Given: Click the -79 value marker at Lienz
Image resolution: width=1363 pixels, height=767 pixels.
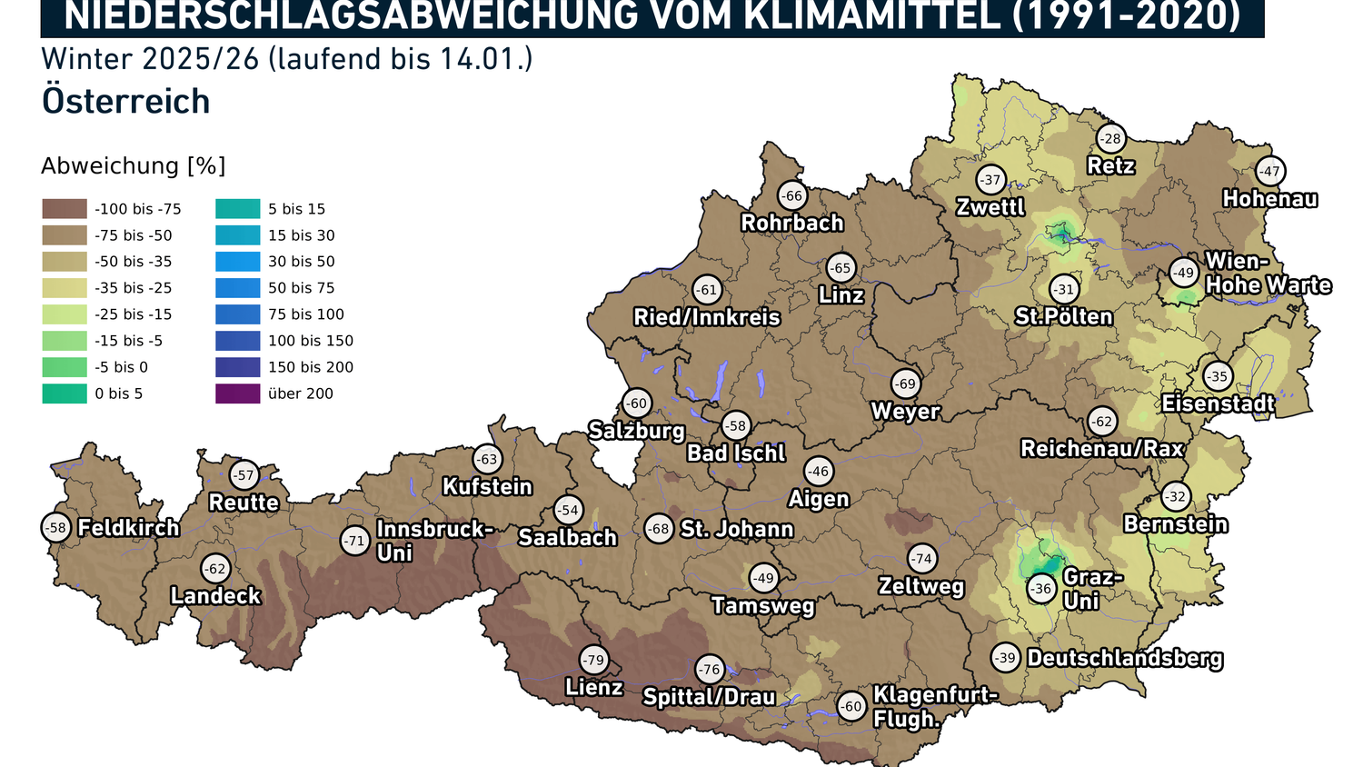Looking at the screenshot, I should click(x=593, y=660).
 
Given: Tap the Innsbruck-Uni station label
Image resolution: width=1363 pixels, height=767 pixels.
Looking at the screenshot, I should click(x=434, y=541).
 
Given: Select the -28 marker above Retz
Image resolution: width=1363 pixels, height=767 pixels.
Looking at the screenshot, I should click(x=1111, y=139).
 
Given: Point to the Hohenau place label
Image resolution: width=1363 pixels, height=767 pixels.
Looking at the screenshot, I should click(x=1269, y=199).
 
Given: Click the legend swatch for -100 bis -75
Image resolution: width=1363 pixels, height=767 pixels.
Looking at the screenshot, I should click(x=65, y=209).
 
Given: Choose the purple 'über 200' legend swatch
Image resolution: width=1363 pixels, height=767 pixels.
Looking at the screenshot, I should click(x=238, y=393).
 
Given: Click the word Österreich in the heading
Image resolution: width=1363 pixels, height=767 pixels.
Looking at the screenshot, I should click(x=125, y=101).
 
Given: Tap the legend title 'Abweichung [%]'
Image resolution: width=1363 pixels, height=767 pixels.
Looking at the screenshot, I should click(x=133, y=165).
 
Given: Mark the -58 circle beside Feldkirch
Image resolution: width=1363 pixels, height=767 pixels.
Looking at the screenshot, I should click(x=56, y=528).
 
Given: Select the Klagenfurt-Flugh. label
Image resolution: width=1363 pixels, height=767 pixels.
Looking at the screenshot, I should click(x=934, y=706).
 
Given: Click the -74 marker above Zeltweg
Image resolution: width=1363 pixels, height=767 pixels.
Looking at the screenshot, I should click(x=921, y=559).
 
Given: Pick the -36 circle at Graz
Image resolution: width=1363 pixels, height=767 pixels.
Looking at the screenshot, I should click(x=1041, y=589).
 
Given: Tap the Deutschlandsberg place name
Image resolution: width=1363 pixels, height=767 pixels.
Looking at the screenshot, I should click(x=1124, y=658).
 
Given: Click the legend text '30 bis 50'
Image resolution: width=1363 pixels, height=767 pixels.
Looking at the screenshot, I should click(x=301, y=262).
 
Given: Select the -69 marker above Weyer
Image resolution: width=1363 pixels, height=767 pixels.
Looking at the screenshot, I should click(x=905, y=383).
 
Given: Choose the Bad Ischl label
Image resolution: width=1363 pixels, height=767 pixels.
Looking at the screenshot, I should click(x=736, y=453).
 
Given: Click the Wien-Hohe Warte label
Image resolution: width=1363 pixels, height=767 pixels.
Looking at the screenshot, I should click(x=1268, y=273).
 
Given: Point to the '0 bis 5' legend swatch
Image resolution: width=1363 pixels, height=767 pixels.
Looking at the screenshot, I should click(x=65, y=393).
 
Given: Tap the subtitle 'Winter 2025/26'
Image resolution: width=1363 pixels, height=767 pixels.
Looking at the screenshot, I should click(x=151, y=59).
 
